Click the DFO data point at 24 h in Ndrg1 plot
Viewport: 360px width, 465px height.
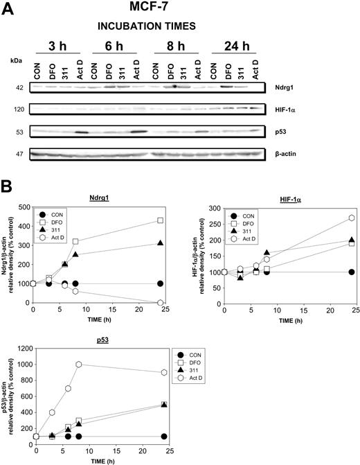pyautogui.click(x=161, y=220)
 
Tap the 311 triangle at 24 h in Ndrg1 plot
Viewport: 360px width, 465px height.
pyautogui.click(x=161, y=243)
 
